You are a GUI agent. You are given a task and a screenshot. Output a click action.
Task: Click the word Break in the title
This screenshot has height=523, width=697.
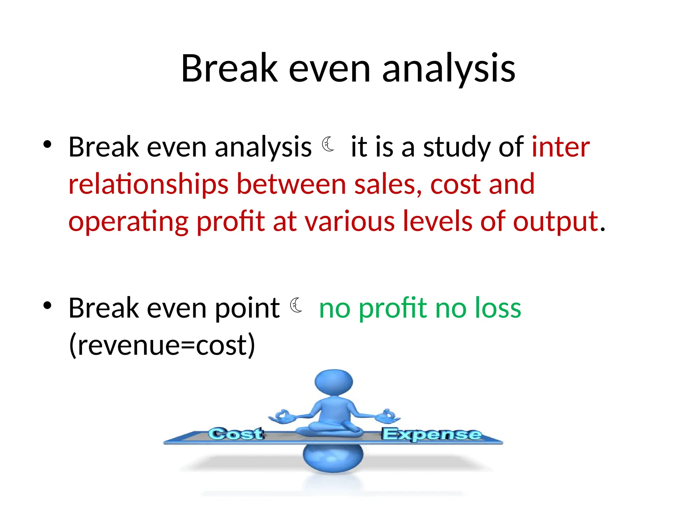(229, 69)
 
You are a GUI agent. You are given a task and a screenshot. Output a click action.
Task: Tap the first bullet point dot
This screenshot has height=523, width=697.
(47, 144)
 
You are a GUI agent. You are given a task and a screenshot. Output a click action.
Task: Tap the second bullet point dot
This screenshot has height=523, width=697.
(47, 305)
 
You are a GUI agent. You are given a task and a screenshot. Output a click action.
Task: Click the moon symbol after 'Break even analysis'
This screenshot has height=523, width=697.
(328, 144)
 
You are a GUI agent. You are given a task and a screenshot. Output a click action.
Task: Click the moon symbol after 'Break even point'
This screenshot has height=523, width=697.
(296, 305)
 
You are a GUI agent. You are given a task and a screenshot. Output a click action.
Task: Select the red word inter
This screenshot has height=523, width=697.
(561, 147)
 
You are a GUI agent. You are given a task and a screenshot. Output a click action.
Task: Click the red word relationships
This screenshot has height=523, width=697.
(148, 184)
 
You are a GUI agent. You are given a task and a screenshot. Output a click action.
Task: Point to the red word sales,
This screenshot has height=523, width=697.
(388, 184)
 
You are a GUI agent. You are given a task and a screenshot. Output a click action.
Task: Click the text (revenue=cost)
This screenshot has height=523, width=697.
(162, 345)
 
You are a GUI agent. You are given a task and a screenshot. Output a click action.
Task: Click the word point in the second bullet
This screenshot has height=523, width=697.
(247, 308)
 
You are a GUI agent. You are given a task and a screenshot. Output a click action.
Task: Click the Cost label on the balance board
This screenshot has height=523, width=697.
(236, 434)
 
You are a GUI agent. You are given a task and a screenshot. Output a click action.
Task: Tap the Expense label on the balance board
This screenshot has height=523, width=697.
(431, 434)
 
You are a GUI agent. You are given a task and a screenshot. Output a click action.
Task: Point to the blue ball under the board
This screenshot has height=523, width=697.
(333, 458)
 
